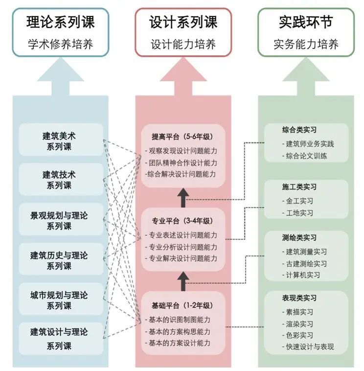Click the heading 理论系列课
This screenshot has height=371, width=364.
pos(61,22)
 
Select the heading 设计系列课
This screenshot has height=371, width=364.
pos(183,22)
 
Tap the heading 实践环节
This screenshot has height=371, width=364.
pos(306,22)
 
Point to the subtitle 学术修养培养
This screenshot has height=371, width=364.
pos(61,44)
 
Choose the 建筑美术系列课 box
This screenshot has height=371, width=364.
pos(61,139)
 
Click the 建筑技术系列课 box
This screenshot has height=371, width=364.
pos(61,179)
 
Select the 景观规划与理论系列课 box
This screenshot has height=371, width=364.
pos(61,219)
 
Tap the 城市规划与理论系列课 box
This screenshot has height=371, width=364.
pos(61,299)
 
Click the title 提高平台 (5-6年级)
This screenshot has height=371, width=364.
pos(182,137)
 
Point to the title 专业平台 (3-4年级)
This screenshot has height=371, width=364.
pos(182,221)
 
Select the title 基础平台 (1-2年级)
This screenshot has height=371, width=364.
pos(182,305)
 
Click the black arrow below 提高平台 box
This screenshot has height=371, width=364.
pos(183,198)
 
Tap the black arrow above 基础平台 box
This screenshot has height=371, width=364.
pos(183,281)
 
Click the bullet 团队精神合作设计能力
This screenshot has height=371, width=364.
pos(181,163)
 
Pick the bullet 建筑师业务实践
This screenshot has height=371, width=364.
pos(308,144)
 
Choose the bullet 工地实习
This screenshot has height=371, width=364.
pos(297,213)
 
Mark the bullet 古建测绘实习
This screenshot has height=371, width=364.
pos(304,264)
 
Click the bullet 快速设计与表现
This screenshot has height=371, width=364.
pos(308,347)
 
